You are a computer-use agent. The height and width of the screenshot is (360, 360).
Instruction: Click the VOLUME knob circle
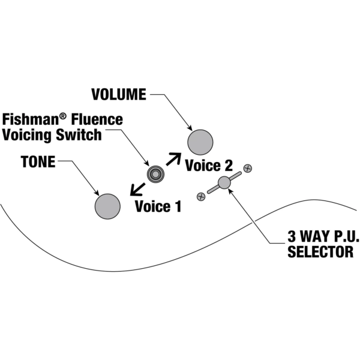tap(200, 142)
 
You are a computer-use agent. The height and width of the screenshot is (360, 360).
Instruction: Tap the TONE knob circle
tap(107, 206)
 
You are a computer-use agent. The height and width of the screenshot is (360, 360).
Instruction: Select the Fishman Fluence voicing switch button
tap(155, 174)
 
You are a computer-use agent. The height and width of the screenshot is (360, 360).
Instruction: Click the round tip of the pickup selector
tap(224, 182)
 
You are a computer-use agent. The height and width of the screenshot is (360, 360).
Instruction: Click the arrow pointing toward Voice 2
tap(173, 159)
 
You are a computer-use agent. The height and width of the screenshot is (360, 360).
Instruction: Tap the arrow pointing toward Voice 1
tap(137, 190)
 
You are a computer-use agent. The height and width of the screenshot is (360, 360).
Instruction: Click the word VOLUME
tap(118, 94)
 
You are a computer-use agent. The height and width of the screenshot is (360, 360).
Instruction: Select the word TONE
tap(38, 162)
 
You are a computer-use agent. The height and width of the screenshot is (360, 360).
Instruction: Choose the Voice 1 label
tap(157, 207)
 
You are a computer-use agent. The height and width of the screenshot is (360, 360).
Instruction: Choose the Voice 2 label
tap(208, 166)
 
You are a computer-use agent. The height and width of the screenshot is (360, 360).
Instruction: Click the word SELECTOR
tap(320, 252)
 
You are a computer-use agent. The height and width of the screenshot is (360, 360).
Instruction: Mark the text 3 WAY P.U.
tap(320, 235)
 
